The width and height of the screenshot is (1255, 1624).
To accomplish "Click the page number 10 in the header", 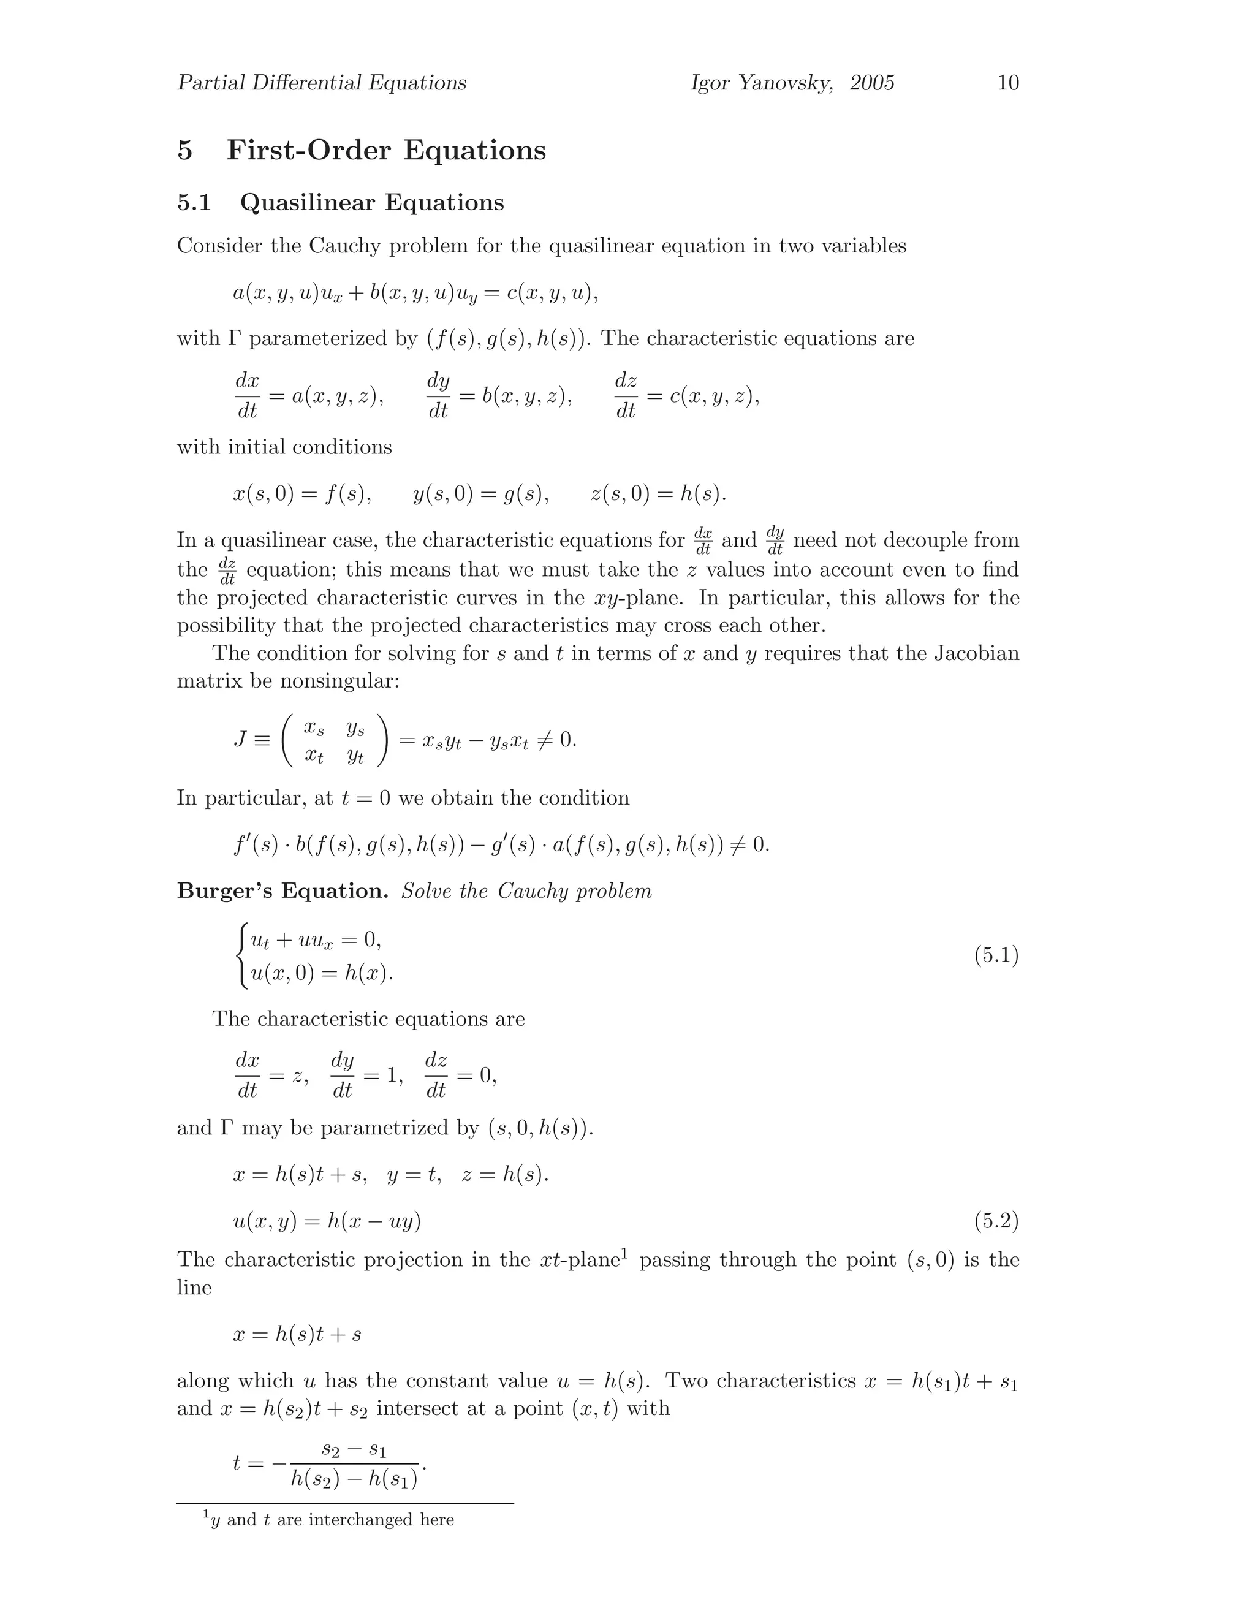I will click(x=1007, y=83).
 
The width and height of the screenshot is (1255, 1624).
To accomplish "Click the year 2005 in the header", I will click(x=871, y=83).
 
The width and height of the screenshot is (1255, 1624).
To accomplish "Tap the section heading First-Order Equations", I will click(x=386, y=150).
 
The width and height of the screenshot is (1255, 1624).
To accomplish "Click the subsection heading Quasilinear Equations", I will click(x=372, y=202).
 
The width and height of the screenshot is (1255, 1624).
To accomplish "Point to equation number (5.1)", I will click(x=996, y=955).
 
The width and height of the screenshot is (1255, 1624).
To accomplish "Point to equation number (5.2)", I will click(x=996, y=1221).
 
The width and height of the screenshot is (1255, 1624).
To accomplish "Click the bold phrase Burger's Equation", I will click(x=282, y=891).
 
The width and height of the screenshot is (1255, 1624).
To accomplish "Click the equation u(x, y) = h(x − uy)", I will click(x=327, y=1221).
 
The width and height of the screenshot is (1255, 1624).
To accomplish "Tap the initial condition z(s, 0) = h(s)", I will click(x=658, y=494).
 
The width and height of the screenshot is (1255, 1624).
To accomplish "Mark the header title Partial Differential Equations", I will click(x=322, y=83).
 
